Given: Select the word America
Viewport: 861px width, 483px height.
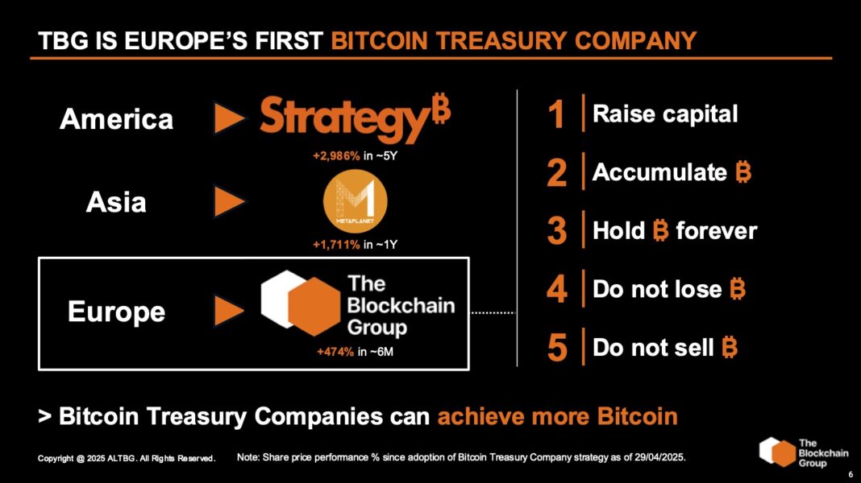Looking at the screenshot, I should (x=116, y=120).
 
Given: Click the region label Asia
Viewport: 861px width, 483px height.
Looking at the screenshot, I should (x=116, y=202).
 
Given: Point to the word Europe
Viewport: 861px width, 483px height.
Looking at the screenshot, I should (x=116, y=312).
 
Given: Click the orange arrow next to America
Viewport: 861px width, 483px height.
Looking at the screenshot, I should (x=229, y=120).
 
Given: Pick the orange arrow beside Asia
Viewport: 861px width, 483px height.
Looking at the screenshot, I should (x=229, y=202).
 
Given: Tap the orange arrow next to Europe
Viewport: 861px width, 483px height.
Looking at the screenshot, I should (x=229, y=312).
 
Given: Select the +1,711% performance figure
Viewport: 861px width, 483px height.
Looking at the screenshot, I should (x=336, y=244).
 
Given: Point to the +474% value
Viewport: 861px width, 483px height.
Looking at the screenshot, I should (x=335, y=351).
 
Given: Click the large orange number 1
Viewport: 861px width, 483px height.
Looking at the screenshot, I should (x=556, y=114).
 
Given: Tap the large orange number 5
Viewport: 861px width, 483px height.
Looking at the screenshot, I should (x=556, y=348).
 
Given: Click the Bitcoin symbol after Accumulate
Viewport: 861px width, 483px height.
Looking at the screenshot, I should (x=743, y=172).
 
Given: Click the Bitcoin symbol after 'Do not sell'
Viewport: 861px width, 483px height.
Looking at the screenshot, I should (x=730, y=348).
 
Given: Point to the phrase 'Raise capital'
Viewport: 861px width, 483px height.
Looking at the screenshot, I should (x=665, y=114).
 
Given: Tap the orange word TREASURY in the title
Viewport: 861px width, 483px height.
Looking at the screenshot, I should (x=506, y=40).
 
